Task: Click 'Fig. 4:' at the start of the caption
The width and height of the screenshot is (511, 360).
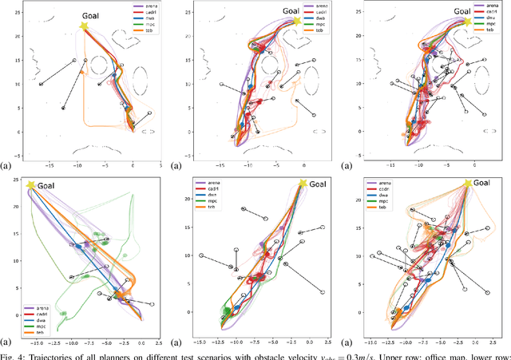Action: pyautogui.click(x=15, y=354)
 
